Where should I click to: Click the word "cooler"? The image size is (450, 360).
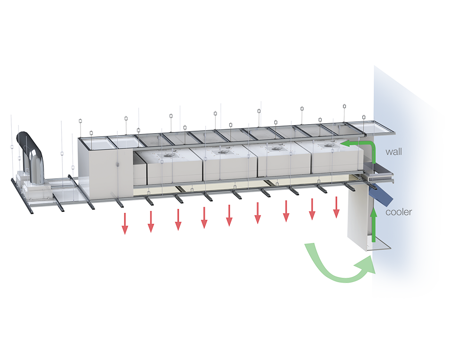pos(399,212)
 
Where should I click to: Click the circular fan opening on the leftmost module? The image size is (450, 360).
pos(169,154)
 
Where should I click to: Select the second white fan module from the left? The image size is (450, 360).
pos(228,165)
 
